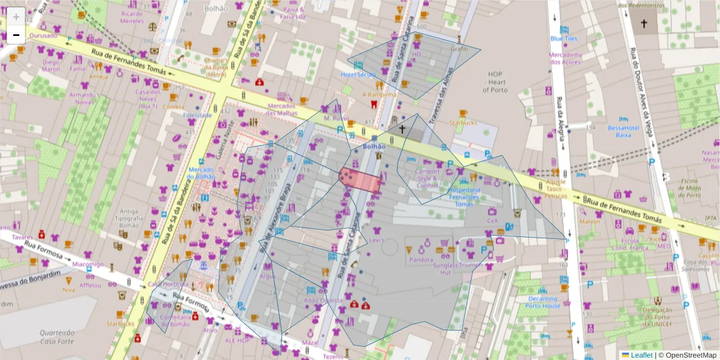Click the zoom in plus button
click(16, 17)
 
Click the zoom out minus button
click(16, 34)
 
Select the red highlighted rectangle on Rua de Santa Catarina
click(360, 180)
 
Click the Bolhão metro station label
click(374, 146)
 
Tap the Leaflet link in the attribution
click(641, 355)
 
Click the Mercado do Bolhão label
click(201, 173)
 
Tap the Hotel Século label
click(358, 74)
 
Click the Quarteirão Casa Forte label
click(56, 337)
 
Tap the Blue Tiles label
click(564, 38)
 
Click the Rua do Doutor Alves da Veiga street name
click(643, 90)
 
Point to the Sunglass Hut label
click(446, 268)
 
